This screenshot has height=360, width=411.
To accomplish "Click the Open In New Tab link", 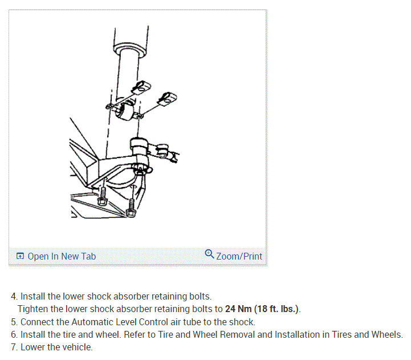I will point(62,256).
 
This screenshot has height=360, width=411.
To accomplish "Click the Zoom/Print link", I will point(239,256).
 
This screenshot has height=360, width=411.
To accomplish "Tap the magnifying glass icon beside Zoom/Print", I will point(209,254).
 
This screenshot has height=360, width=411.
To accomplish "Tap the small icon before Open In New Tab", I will point(21,256).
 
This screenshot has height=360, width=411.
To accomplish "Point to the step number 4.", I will point(13,297).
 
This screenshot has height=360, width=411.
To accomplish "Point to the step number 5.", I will point(13,322).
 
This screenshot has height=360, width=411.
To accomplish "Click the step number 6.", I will point(13,334).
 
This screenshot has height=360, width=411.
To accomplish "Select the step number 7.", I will point(13,347).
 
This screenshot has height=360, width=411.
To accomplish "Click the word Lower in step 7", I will point(33,347).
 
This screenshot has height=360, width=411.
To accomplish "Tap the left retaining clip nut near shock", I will point(140,87).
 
